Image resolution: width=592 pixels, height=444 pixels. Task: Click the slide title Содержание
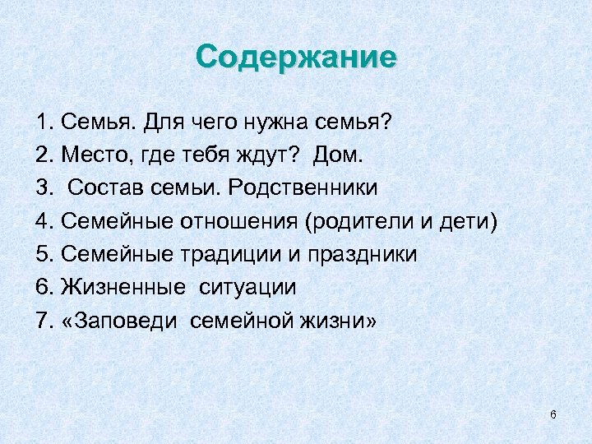(296, 58)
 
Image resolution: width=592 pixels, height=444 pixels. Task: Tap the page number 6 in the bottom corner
(553, 414)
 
